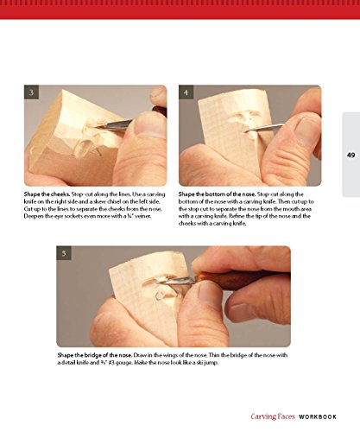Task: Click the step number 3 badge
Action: point(31,92)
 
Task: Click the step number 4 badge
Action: point(186,92)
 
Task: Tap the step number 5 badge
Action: point(64,253)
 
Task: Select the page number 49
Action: point(351,155)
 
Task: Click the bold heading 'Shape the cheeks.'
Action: point(47,194)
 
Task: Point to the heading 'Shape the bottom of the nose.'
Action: point(217,194)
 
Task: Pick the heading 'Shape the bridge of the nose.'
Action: point(95,355)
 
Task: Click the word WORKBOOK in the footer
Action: point(318,416)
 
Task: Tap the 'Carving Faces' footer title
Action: point(273,416)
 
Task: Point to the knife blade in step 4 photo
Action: point(265,128)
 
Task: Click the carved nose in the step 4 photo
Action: point(244,124)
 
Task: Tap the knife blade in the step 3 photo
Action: point(114,124)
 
